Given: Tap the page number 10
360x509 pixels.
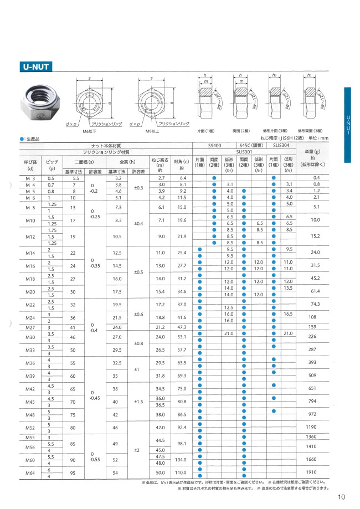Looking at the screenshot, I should (x=341, y=497).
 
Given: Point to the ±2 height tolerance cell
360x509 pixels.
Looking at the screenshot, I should (x=136, y=450).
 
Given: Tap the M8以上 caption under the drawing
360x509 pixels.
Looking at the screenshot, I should (x=153, y=132).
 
